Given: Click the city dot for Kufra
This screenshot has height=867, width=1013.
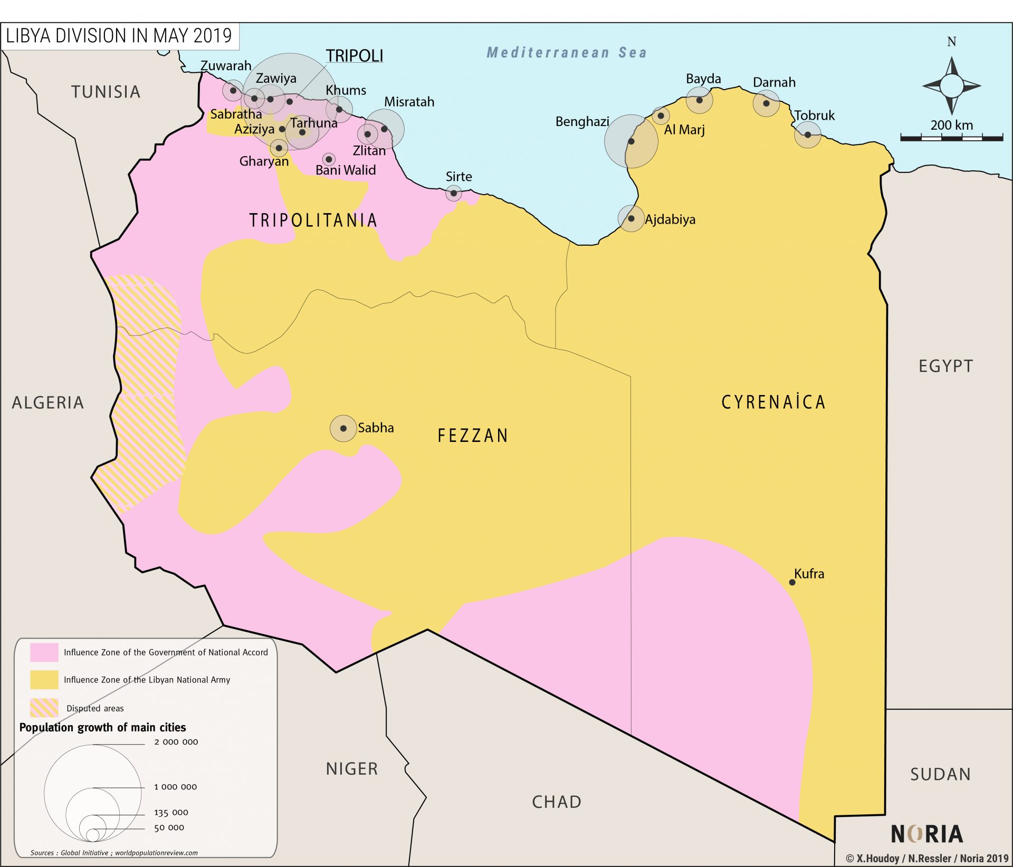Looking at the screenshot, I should point(792,582).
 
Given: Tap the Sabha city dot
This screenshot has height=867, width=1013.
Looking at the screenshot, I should point(343,428).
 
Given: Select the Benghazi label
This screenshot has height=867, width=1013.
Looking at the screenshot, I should point(582,122).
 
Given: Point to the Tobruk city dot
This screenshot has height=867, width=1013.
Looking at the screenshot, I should point(808,134).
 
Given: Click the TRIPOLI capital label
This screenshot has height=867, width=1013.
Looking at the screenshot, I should point(355,55).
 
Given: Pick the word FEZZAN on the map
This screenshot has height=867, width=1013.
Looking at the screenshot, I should point(473,436).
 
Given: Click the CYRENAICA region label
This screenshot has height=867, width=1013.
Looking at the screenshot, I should point(773,402).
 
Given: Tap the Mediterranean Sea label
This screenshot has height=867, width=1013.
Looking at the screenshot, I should point(566,52).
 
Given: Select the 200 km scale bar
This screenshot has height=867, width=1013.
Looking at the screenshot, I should point(952,138).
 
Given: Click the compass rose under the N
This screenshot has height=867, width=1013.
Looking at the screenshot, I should point(952,85).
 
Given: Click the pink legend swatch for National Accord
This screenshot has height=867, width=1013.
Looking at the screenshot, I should point(44,652).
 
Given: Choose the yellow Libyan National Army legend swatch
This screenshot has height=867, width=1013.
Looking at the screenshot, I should point(44,679).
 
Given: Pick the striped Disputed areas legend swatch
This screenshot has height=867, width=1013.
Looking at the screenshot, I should point(44,708).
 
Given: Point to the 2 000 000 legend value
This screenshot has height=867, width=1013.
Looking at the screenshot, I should point(176,741).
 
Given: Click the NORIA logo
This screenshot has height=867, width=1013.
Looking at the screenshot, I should point(927,834).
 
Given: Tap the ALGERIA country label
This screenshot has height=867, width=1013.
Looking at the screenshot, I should point(47,402).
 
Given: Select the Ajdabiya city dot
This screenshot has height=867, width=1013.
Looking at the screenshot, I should point(631,218).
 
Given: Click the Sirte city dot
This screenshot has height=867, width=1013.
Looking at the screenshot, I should point(454,193).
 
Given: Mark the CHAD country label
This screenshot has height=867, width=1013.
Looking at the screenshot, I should point(557,802).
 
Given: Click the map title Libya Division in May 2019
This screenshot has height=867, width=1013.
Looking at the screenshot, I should point(119,36).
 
